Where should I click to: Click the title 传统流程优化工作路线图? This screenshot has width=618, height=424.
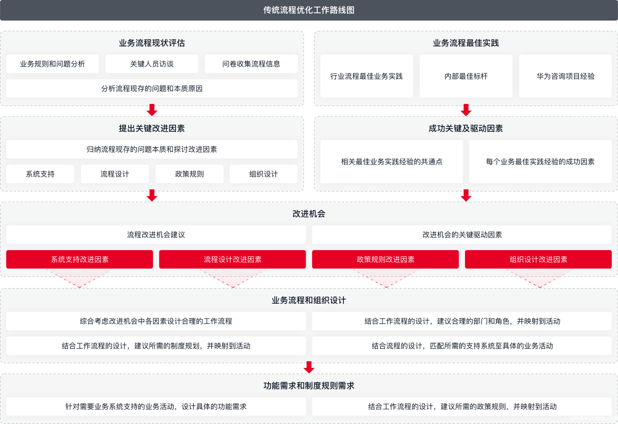coord(309,10)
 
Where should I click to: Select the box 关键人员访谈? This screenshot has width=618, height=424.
coord(152,64)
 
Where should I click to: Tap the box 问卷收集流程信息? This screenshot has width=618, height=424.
coord(251,64)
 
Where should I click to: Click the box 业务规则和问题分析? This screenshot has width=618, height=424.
coord(52,64)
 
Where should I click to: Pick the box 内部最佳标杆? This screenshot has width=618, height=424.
coord(466,76)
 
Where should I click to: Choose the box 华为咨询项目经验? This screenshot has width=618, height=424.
coord(565,76)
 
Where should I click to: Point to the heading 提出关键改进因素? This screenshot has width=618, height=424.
coord(152,129)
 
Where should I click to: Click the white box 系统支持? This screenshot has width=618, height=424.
coord(40,174)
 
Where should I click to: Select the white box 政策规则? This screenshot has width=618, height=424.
coord(189,174)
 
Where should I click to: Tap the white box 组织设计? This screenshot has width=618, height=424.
coord(263,174)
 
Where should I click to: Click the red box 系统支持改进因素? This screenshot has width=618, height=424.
coord(79,259)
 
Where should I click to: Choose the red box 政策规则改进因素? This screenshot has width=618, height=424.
coord(386,259)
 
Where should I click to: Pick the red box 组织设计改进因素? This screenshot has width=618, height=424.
coord(538,259)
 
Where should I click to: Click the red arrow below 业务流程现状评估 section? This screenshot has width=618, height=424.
coord(152,110)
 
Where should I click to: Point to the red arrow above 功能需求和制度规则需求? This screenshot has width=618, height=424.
coord(309,367)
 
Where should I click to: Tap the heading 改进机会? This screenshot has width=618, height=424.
coord(309,214)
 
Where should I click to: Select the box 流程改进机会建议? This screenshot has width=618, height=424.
coord(156,235)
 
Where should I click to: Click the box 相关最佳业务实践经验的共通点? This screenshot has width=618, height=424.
coord(391,161)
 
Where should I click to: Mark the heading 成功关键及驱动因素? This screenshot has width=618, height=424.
coord(466,129)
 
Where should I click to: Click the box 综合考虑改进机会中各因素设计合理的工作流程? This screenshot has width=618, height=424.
coord(156,321)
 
